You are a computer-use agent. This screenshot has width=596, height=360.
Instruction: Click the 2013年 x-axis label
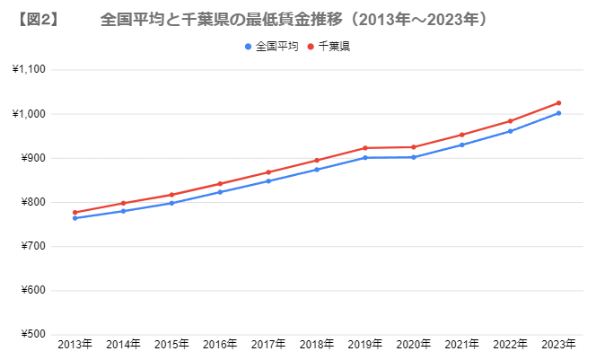coord(74,345)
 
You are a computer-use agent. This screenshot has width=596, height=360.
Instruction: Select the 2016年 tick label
coord(220,345)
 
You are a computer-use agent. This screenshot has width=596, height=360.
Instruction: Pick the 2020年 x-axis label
coord(414,345)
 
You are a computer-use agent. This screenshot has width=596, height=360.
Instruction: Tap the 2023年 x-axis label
coord(559,345)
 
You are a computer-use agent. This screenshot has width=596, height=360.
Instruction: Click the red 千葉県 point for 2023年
coord(558,103)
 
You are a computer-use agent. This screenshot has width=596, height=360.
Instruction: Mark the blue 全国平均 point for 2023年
coord(558,113)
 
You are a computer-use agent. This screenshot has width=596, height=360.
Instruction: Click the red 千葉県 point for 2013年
coord(74,213)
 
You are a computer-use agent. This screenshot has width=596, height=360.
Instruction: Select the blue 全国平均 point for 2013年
coord(74,218)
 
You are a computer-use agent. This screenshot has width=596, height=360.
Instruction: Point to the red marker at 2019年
coord(364,148)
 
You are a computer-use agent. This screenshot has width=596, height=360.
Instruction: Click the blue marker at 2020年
coord(413,157)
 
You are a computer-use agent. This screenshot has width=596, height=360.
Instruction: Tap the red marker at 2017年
coord(268,172)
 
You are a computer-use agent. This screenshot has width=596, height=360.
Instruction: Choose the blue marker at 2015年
coord(171,203)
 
